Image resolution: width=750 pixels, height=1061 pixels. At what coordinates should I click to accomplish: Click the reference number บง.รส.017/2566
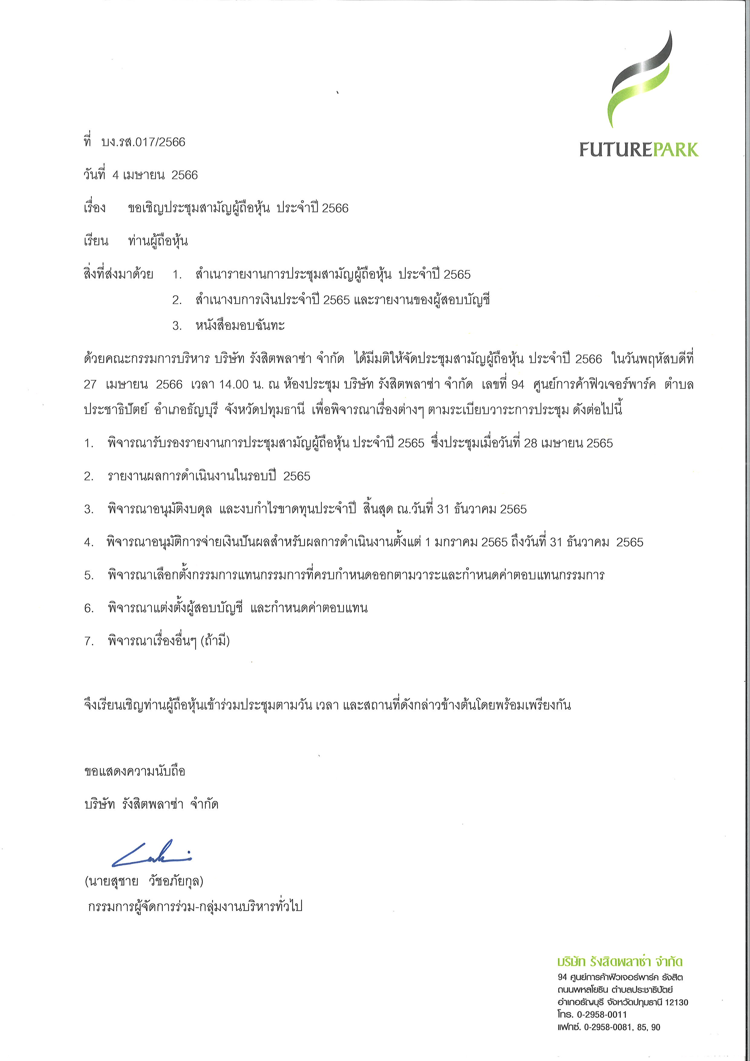[x=143, y=142]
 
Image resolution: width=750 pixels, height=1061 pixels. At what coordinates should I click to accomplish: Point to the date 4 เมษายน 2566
[x=155, y=175]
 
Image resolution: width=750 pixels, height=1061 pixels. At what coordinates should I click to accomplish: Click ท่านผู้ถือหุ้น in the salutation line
[x=158, y=241]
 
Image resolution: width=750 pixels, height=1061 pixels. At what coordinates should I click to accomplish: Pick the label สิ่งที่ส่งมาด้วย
[x=118, y=274]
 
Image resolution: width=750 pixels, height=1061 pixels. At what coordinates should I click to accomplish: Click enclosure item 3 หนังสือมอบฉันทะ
[x=240, y=326]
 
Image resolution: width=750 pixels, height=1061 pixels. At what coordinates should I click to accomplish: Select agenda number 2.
[x=89, y=476]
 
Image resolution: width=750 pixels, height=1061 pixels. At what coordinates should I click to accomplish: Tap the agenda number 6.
[x=89, y=608]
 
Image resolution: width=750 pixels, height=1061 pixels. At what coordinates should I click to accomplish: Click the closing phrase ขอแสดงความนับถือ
[x=135, y=771]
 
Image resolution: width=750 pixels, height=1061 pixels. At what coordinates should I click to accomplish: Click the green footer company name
[x=620, y=962]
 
